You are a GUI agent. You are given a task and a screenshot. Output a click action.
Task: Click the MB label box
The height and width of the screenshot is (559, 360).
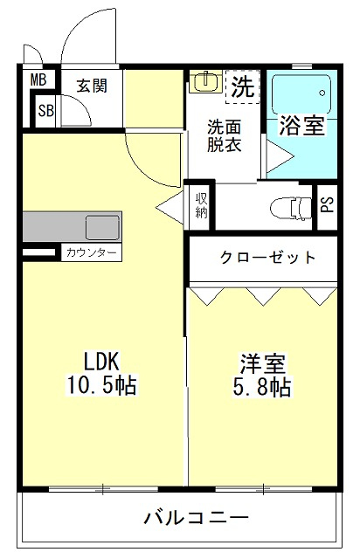point(38,80)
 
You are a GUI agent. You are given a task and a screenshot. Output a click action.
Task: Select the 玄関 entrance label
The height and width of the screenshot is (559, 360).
point(90,86)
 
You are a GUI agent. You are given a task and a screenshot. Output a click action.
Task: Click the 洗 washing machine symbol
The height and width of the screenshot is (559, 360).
point(243,87)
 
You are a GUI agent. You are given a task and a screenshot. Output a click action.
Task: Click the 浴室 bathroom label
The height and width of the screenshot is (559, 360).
point(301,126)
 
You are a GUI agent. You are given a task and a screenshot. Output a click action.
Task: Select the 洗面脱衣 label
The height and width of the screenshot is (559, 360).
point(224,135)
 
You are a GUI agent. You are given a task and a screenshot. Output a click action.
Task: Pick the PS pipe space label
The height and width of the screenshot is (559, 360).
point(327,207)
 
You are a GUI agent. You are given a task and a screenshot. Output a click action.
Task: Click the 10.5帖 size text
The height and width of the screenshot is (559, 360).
point(100,384)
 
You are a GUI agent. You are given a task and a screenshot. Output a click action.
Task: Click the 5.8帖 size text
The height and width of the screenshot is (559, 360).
point(262,387)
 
